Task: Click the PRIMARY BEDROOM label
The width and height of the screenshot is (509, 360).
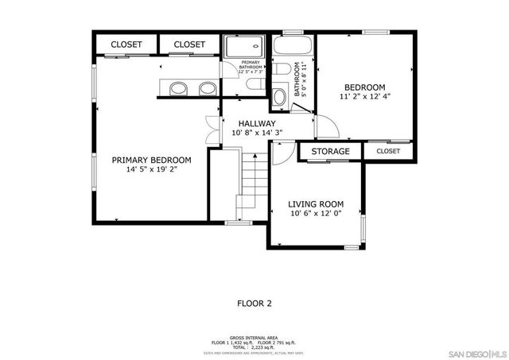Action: point(151,160)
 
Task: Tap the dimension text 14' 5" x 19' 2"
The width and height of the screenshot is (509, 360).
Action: point(151,169)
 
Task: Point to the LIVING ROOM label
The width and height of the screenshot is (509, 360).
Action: point(315,204)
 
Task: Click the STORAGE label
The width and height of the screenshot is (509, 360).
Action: point(329,151)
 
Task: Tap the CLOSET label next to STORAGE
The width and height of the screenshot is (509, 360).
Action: point(388,151)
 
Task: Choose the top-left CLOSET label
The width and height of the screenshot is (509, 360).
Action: point(126,45)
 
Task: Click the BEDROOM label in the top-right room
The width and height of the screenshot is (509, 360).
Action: point(364,87)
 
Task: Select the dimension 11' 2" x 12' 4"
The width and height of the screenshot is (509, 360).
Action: point(364,98)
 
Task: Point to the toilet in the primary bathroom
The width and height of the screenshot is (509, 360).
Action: point(256,83)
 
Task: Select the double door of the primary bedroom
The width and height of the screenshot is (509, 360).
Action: point(212,129)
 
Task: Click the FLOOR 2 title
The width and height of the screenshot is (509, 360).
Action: point(254,303)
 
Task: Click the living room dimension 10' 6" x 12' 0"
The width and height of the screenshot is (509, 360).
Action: point(315,215)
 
